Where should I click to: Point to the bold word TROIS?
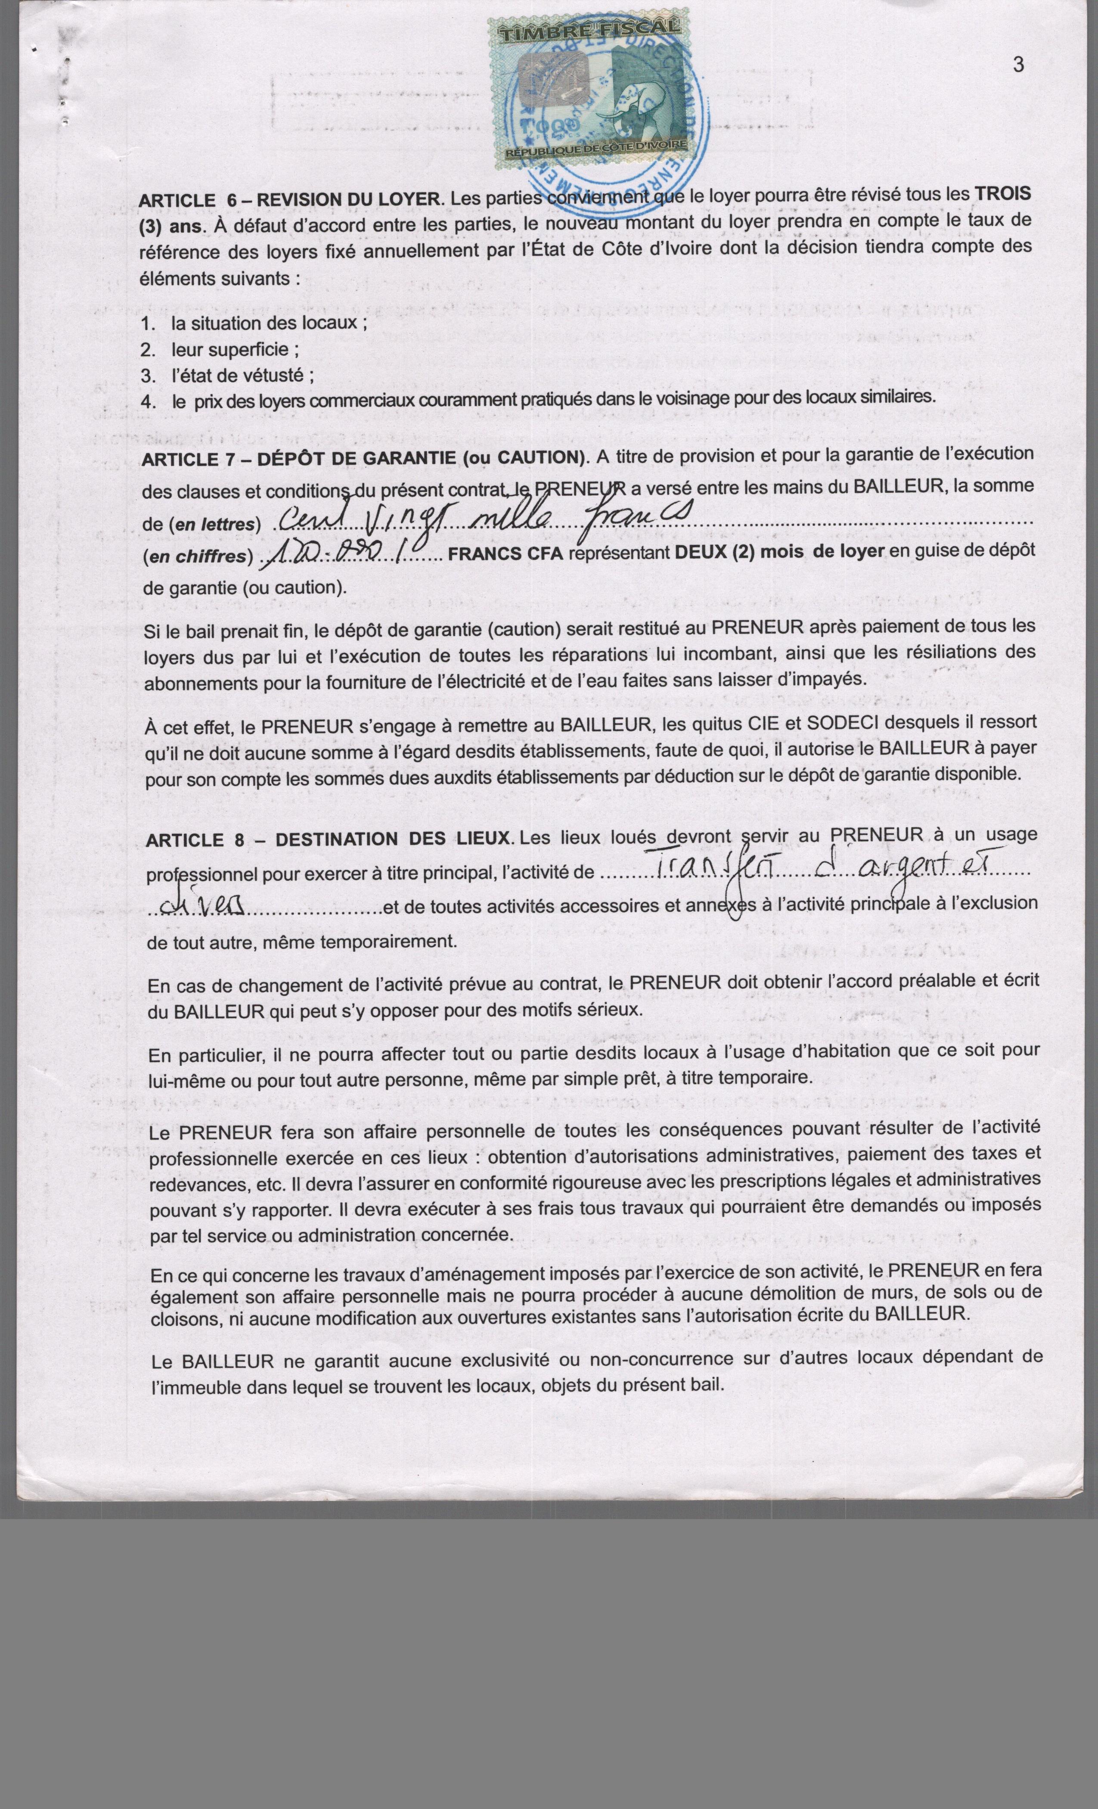(x=1002, y=194)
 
